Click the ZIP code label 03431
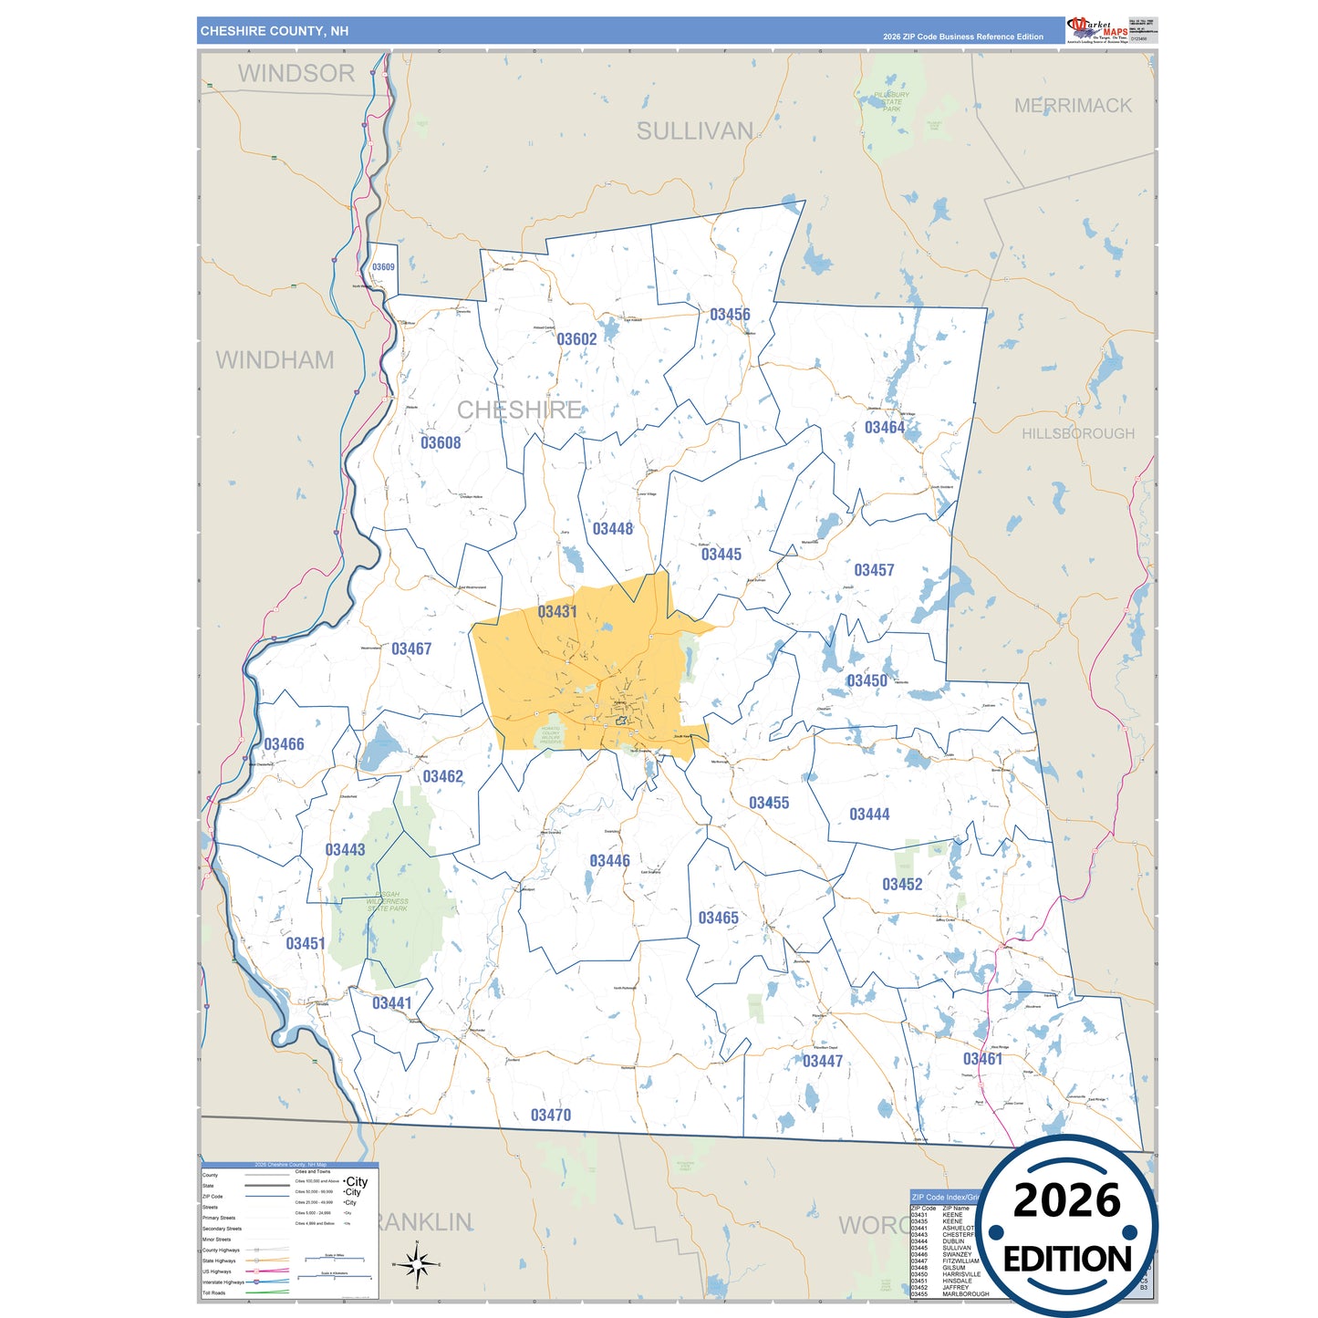(556, 612)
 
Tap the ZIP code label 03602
(576, 339)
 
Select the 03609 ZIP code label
(383, 267)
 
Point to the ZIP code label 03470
(551, 1116)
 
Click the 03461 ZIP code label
(982, 1059)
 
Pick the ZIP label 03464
(885, 428)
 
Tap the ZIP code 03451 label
(306, 943)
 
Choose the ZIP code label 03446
(609, 861)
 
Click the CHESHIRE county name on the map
(519, 410)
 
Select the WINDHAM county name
(275, 360)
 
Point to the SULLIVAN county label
(695, 131)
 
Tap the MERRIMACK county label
(1073, 106)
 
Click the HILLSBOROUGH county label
(1078, 434)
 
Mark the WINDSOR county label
(296, 74)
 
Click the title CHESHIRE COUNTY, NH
(275, 31)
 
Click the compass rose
(417, 1264)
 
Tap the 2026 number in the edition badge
(1066, 1200)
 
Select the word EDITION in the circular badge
(1066, 1260)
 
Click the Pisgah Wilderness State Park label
(388, 901)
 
